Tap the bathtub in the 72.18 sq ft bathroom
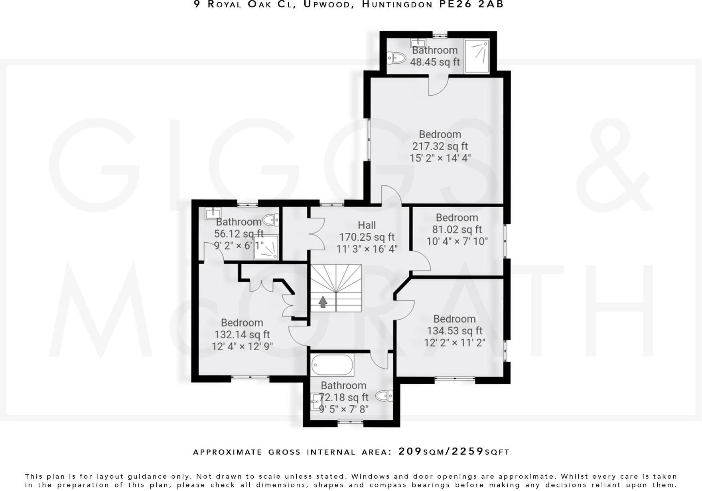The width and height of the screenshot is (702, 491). click(x=332, y=365)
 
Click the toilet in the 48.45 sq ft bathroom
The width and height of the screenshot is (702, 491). click(x=396, y=58)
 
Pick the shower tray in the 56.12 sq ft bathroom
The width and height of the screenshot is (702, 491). click(x=266, y=247)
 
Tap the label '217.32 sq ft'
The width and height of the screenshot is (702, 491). click(x=440, y=146)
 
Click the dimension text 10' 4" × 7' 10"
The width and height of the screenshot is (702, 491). click(x=457, y=242)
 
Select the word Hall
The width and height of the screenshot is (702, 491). click(x=367, y=225)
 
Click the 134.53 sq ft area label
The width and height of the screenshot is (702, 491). click(x=454, y=331)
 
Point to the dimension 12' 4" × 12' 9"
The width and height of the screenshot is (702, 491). click(x=242, y=346)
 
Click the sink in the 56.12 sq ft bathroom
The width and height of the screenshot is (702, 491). click(x=212, y=214)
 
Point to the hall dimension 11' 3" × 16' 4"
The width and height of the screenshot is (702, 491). click(x=367, y=249)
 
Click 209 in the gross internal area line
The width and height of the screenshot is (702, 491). click(x=410, y=452)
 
